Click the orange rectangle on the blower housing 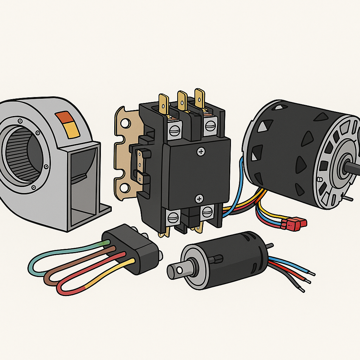(63, 116)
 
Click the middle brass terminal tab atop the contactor (182, 100)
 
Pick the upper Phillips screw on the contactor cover (201, 152)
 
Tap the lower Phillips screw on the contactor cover (199, 199)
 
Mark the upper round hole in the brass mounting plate (125, 124)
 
